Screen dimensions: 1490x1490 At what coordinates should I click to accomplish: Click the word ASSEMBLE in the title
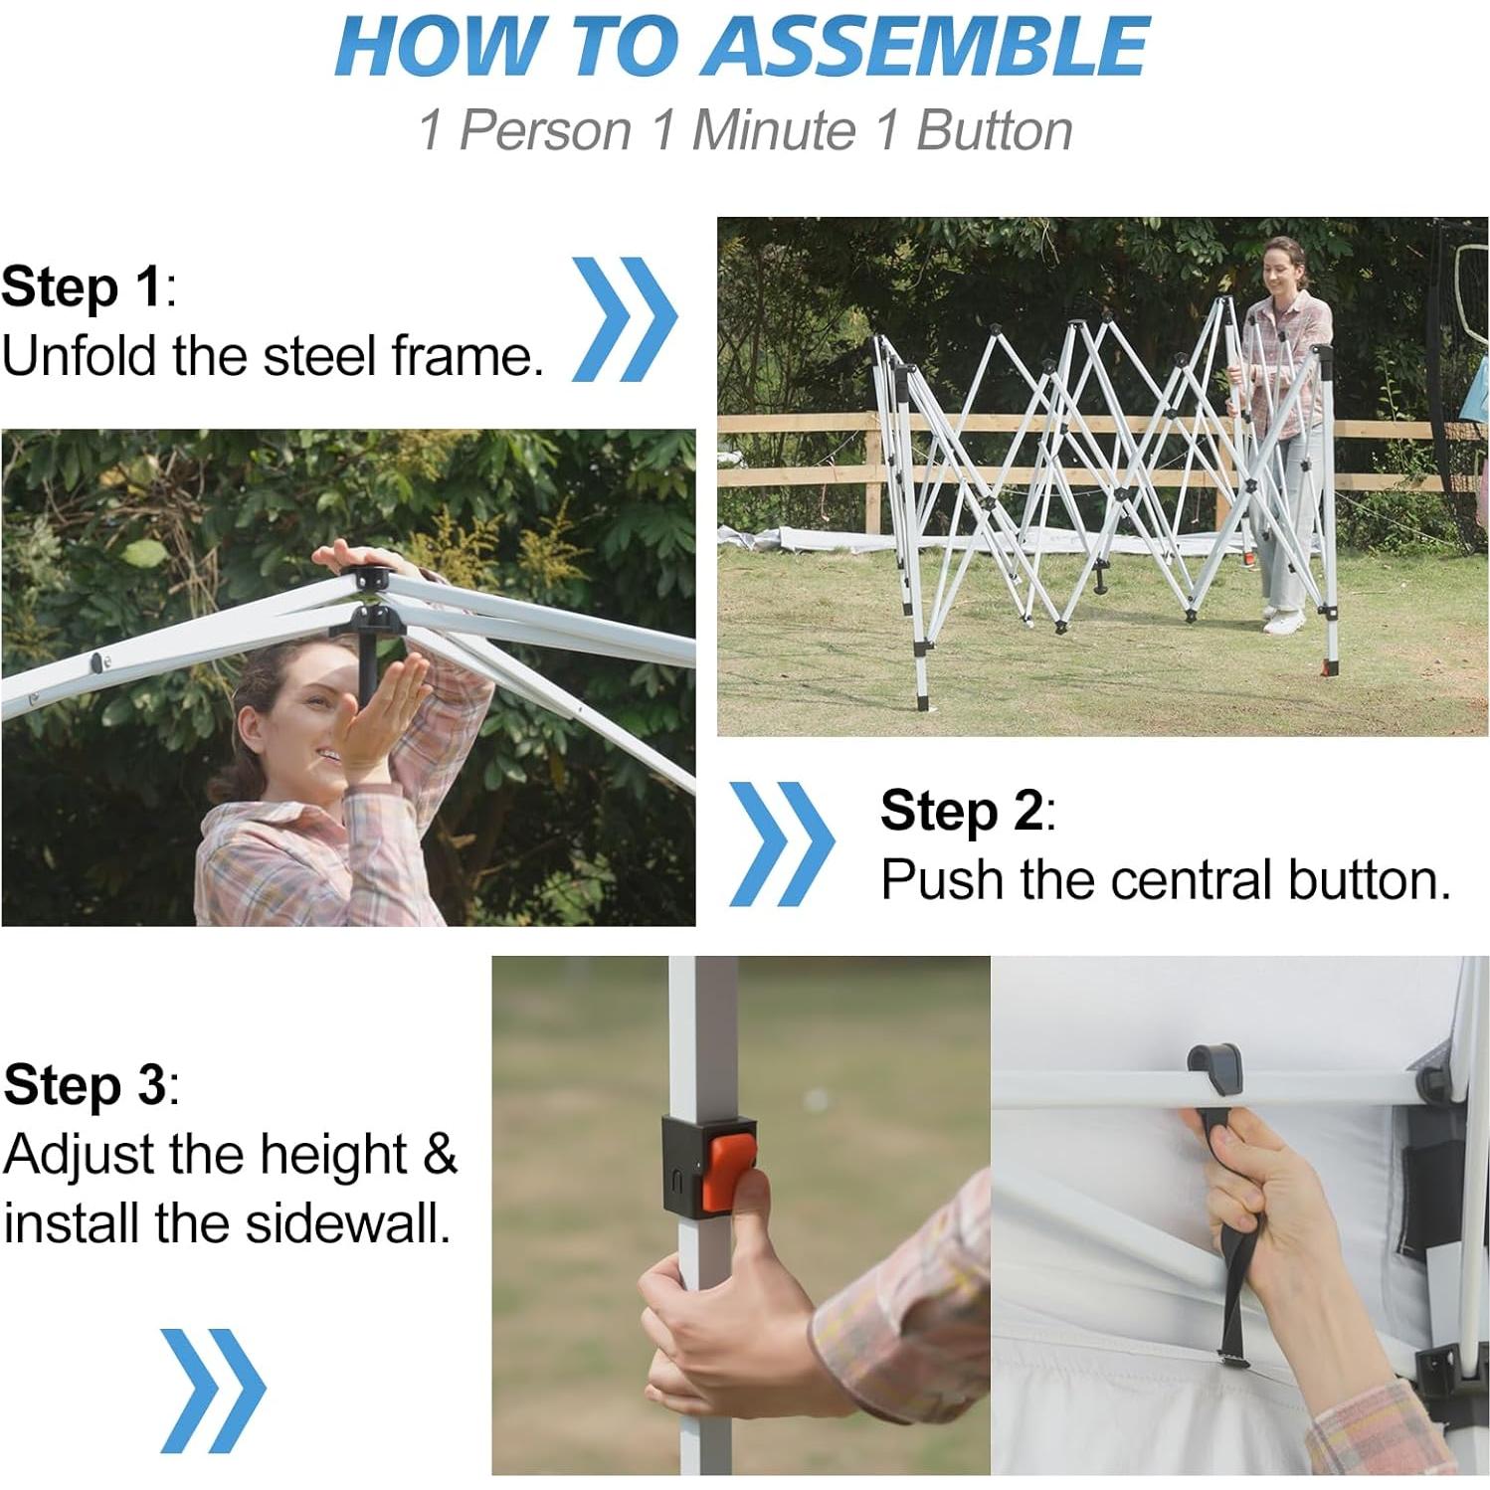click(924, 47)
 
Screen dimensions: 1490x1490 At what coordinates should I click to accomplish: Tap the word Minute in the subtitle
click(773, 130)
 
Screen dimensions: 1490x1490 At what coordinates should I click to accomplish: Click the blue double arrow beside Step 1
click(624, 319)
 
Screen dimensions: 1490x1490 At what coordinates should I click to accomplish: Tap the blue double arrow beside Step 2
click(782, 843)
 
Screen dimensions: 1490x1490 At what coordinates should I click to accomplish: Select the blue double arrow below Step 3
click(213, 1391)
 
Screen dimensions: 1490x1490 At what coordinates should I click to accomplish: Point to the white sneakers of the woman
click(1283, 619)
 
